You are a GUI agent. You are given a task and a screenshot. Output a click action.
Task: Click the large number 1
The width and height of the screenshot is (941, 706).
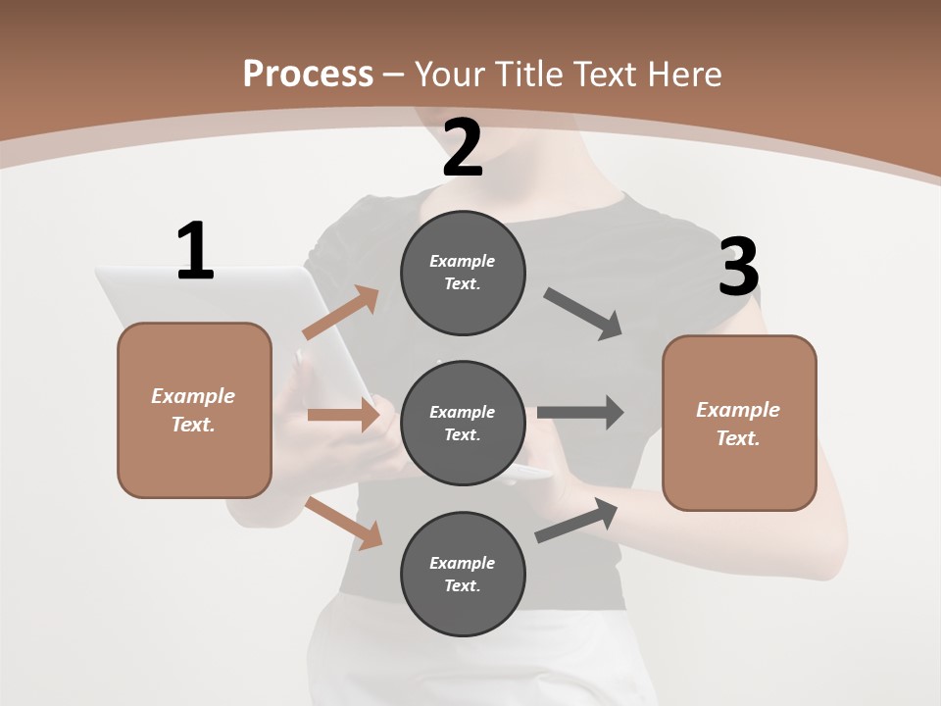click(x=195, y=252)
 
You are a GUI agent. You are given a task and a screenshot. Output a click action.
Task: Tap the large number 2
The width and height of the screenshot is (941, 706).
click(x=463, y=148)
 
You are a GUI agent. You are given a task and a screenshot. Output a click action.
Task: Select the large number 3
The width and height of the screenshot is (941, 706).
click(x=738, y=267)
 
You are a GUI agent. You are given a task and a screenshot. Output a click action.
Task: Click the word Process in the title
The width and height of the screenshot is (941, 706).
click(x=308, y=74)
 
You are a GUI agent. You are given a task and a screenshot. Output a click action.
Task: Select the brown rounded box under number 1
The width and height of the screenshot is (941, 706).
click(x=194, y=410)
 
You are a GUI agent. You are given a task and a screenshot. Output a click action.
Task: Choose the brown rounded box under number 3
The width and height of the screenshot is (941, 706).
click(x=739, y=423)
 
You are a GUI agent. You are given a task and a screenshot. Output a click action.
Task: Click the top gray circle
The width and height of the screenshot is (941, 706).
click(x=463, y=273)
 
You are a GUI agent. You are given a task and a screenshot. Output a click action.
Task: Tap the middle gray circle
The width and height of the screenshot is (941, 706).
click(x=463, y=423)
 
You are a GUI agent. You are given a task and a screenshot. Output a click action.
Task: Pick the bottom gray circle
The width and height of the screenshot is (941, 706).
click(x=463, y=574)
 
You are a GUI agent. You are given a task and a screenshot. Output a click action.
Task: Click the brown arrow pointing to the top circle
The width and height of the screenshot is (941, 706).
click(x=341, y=313)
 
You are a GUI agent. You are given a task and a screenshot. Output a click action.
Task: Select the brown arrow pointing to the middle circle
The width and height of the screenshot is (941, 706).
click(x=343, y=415)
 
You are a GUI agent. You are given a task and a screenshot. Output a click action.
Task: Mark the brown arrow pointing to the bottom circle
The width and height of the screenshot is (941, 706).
click(x=343, y=523)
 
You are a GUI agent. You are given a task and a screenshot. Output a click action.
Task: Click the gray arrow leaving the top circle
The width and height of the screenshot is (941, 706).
click(x=584, y=314)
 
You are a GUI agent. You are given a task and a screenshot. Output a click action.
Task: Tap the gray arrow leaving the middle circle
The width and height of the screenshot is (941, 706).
click(x=580, y=412)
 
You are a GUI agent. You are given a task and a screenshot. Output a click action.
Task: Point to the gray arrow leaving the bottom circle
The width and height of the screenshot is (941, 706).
click(x=577, y=521)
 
